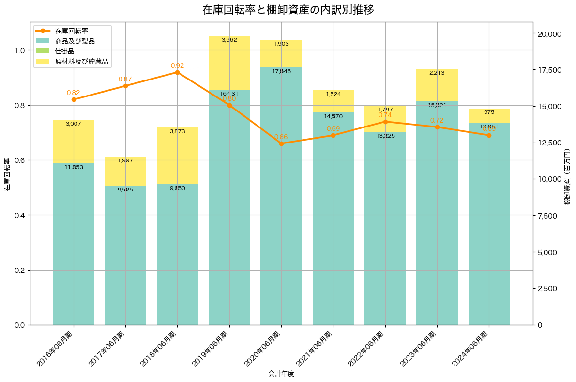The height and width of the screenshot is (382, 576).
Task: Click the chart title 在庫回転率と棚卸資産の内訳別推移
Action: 288,10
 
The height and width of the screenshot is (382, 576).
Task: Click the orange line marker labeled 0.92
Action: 177,72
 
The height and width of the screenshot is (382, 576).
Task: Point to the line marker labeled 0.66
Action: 281,143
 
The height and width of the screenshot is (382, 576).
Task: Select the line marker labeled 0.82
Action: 74,99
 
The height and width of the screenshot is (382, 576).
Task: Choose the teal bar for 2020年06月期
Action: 281,204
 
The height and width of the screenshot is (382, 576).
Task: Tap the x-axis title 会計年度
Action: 281,374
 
